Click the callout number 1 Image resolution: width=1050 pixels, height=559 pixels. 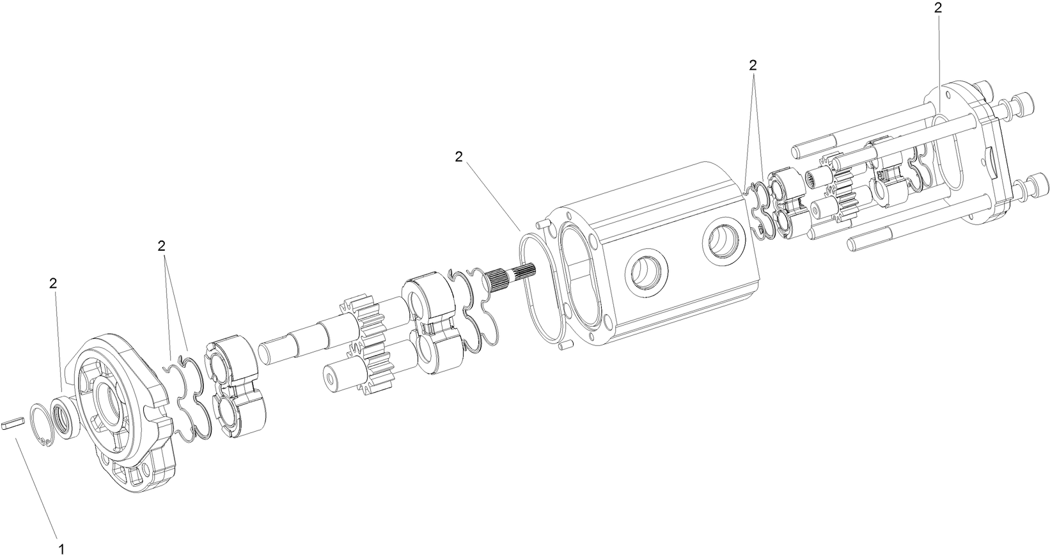point(61,548)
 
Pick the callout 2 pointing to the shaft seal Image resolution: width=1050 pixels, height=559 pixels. point(53,283)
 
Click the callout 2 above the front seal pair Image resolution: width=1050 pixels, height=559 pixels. point(161,246)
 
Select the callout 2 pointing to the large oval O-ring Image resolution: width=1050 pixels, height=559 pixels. point(458,157)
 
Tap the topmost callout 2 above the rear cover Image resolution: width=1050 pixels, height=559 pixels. point(937,8)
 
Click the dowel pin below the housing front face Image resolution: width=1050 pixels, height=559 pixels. point(563,346)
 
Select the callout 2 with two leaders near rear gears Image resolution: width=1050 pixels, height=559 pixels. point(753,65)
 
